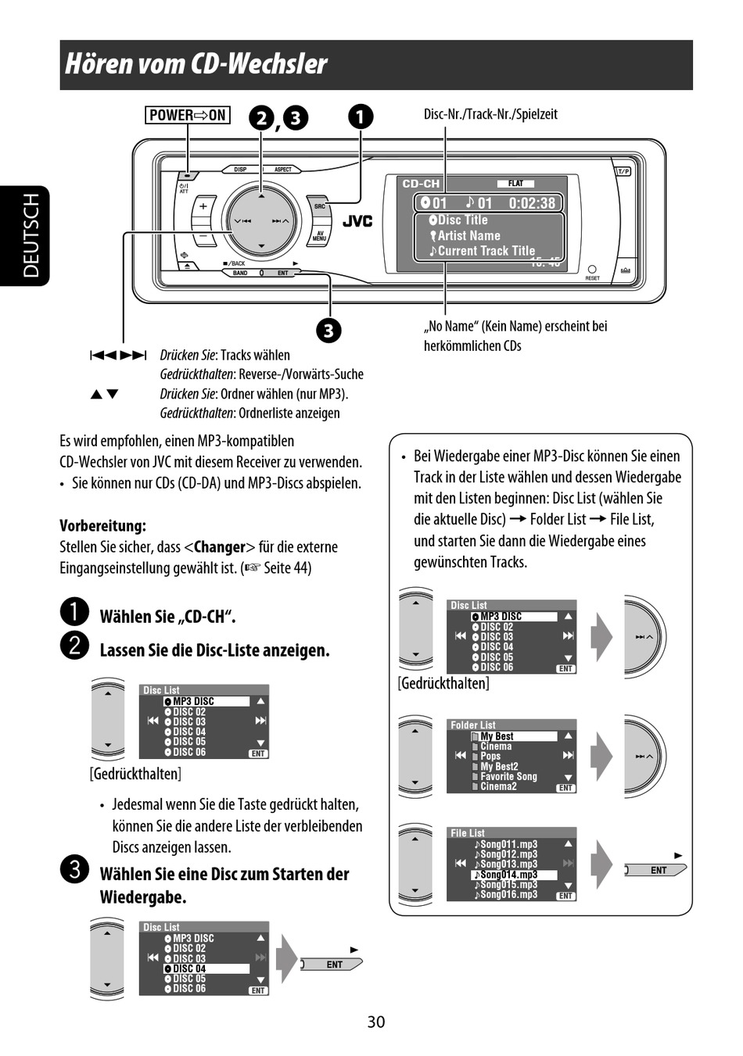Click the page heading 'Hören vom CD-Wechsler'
click(x=196, y=64)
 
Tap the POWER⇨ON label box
click(x=188, y=115)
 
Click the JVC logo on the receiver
click(x=357, y=221)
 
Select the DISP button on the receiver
click(x=240, y=170)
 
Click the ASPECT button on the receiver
click(x=282, y=170)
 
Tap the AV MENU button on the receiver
click(x=319, y=236)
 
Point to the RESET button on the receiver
click(x=592, y=270)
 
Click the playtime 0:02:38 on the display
click(x=532, y=203)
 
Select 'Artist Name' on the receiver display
click(x=468, y=235)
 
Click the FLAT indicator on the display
click(x=516, y=184)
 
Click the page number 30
click(x=375, y=1022)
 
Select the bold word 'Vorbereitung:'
click(x=102, y=525)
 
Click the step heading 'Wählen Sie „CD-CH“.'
click(x=167, y=617)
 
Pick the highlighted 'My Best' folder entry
click(x=497, y=736)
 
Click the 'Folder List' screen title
click(x=472, y=725)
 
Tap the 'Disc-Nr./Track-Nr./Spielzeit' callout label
click(x=490, y=114)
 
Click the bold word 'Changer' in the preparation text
click(x=219, y=546)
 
